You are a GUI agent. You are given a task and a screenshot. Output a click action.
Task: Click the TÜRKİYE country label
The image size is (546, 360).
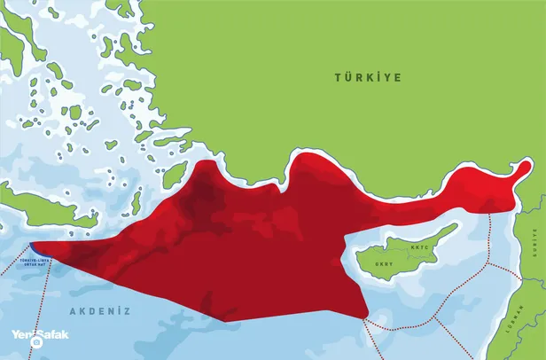click(368, 78)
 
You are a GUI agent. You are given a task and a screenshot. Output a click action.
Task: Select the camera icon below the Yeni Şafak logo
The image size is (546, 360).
click(37, 342)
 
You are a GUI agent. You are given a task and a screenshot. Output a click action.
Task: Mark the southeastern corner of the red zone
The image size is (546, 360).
click(366, 318)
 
